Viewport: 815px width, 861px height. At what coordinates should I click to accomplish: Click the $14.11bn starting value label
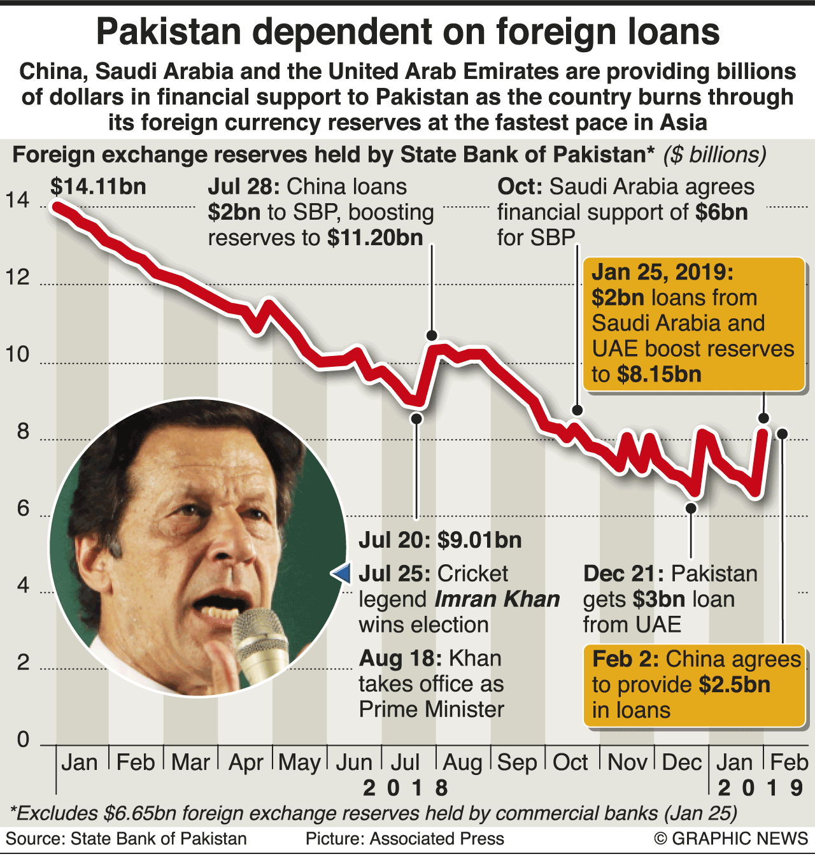click(x=98, y=187)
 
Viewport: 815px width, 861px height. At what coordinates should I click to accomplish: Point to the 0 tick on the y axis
click(x=23, y=739)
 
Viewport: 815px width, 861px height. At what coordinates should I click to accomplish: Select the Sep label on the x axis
click(x=516, y=762)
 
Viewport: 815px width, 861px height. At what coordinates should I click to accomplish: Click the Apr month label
click(x=246, y=762)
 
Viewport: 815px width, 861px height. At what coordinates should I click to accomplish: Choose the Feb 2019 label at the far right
click(x=789, y=762)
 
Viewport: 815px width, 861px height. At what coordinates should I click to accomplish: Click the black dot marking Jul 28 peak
click(x=432, y=336)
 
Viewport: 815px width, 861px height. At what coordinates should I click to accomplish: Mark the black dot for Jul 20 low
click(x=416, y=418)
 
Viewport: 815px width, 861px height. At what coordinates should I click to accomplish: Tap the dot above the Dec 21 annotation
click(x=691, y=508)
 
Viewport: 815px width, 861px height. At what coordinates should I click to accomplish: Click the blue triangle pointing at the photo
click(x=341, y=573)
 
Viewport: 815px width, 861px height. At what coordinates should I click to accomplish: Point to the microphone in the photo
click(x=262, y=643)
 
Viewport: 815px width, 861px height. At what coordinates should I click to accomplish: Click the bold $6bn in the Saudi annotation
click(x=721, y=212)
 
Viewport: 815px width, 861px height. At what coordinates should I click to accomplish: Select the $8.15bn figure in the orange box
click(x=659, y=374)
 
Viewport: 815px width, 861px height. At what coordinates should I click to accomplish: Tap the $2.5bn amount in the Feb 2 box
click(x=734, y=685)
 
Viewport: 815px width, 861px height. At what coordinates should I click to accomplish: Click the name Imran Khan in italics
click(x=497, y=599)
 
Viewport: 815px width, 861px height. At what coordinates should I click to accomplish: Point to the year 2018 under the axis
click(x=405, y=788)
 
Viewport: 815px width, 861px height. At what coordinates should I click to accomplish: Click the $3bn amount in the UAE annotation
click(x=659, y=599)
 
